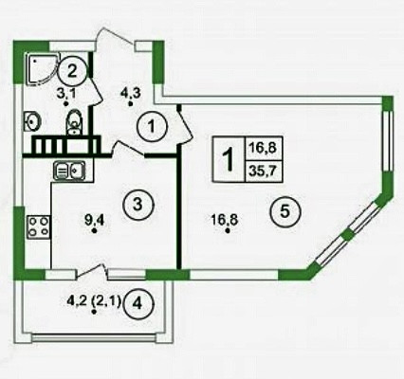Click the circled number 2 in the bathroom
(72, 72)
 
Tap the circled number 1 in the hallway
(152, 127)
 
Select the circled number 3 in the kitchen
(138, 206)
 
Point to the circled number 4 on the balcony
(138, 305)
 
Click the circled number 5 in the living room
(285, 212)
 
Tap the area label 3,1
(65, 94)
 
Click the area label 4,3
(131, 93)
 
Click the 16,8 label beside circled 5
(225, 219)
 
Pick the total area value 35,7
(263, 171)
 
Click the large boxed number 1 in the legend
(229, 159)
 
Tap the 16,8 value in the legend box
(263, 148)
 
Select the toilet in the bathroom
(74, 122)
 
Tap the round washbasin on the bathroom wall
(32, 121)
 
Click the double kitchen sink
(69, 171)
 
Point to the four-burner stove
(39, 227)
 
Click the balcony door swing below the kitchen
(93, 271)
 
